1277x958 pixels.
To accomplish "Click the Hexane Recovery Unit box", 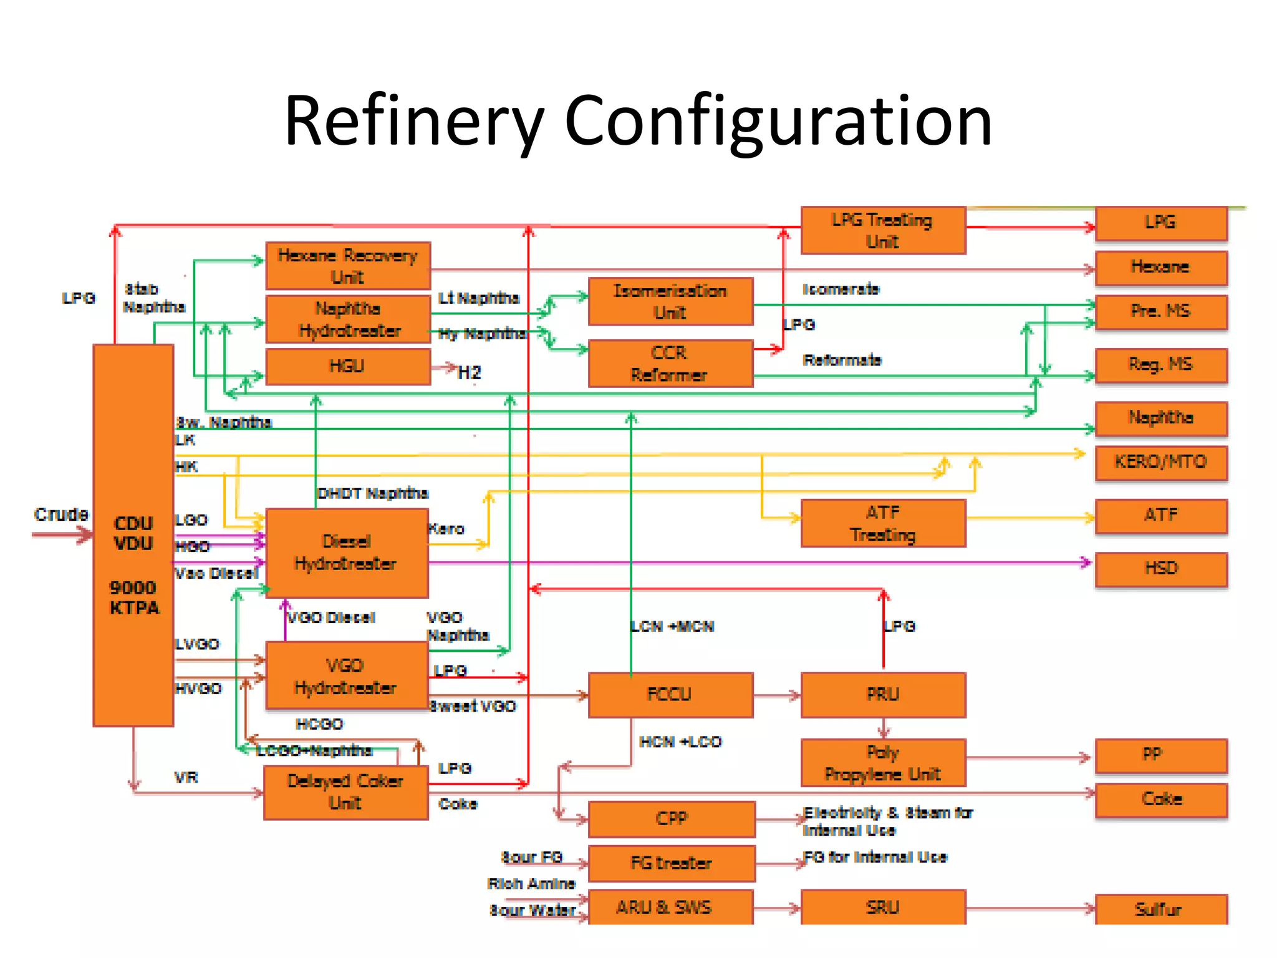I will pos(348,266).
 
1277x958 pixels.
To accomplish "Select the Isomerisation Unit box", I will pos(670,301).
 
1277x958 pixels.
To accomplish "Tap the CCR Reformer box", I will pos(670,364).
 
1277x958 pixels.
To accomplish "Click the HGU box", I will pos(348,366).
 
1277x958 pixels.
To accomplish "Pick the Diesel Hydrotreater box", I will pos(347,553).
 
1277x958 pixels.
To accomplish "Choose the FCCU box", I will pos(670,694).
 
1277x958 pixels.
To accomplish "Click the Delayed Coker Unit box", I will pos(345,792).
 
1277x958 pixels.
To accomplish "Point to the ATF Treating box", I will pos(883,523).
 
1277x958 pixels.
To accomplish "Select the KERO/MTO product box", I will pos(1161,462).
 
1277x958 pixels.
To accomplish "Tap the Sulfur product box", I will pos(1161,909).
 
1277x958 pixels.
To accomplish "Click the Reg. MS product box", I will pos(1161,365).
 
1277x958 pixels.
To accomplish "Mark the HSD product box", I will pos(1161,569).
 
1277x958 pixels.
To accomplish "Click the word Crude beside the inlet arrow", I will pos(61,515).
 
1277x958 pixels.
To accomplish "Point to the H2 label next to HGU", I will pos(470,373).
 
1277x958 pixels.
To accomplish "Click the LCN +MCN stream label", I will pos(672,626).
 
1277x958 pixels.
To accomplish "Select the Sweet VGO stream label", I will pos(473,706).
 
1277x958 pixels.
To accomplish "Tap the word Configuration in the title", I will pos(778,121).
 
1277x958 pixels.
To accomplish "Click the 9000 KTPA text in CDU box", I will pos(133,598).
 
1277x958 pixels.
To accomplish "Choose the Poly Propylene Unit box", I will pos(883,763).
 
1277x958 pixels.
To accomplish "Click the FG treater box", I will pos(672,863).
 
